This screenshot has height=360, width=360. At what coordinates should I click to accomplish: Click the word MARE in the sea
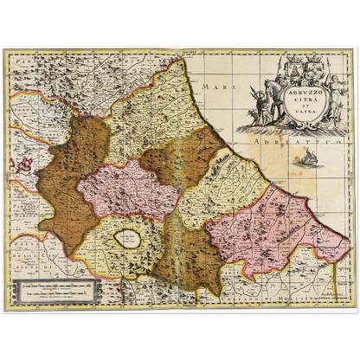coord(208,87)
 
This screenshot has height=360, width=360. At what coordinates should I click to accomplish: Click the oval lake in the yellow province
coord(128,240)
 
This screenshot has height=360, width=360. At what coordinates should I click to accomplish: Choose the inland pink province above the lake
coord(130,187)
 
